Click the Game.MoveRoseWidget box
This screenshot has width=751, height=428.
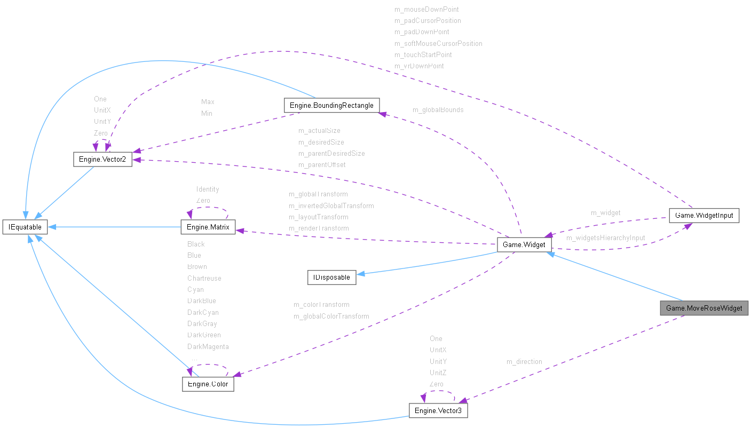pyautogui.click(x=703, y=308)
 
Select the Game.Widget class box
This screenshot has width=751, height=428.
pyautogui.click(x=524, y=245)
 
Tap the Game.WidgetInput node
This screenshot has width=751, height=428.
pyautogui.click(x=704, y=216)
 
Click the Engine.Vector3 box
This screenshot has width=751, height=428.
pyautogui.click(x=438, y=411)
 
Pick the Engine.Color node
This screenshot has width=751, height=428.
pyautogui.click(x=208, y=384)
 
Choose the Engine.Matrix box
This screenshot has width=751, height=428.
pyautogui.click(x=208, y=228)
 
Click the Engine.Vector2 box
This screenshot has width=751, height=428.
pyautogui.click(x=102, y=159)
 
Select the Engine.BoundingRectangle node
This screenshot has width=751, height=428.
pyautogui.click(x=331, y=106)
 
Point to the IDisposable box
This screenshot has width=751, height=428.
pyautogui.click(x=331, y=278)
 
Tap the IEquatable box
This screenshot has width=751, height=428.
pyautogui.click(x=25, y=227)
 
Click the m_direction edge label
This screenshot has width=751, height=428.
pyautogui.click(x=524, y=362)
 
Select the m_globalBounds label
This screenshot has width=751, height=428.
pyautogui.click(x=438, y=110)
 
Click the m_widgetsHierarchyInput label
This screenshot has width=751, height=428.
pyautogui.click(x=605, y=238)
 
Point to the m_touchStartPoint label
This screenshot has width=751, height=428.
pyautogui.click(x=423, y=55)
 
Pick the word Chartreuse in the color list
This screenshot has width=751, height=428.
pyautogui.click(x=204, y=279)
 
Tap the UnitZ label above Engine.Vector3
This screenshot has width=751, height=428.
pyautogui.click(x=438, y=373)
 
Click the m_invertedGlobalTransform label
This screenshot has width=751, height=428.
pyautogui.click(x=331, y=206)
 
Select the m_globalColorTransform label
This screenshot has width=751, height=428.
pyautogui.click(x=331, y=316)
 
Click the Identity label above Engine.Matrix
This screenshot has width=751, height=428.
pyautogui.click(x=208, y=189)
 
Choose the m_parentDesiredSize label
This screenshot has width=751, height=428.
pyautogui.click(x=331, y=154)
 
